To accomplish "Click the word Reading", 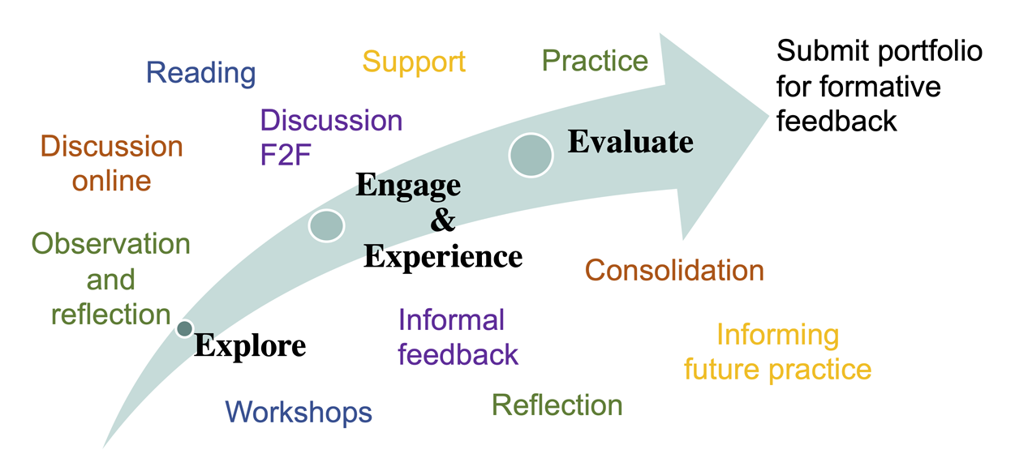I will pos(200,73).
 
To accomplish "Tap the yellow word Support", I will pos(414,62).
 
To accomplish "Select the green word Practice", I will pos(595,61).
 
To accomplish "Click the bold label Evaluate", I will pos(630,142).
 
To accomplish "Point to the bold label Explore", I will pos(250,346).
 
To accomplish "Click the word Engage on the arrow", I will pos(408,186).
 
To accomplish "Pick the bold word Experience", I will pos(443,256).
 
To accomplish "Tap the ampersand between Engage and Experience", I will pos(442,221).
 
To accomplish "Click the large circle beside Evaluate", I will pos(531,154).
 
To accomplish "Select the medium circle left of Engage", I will pos(326,225).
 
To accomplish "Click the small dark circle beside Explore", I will pos(185,328).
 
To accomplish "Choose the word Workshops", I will pos(299,412).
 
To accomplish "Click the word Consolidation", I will pos(674,270).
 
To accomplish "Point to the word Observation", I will pos(110,243).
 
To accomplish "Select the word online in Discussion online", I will pos(111,181).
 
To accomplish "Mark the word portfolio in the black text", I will pos(928,52).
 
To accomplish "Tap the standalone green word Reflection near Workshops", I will pos(557,405).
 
